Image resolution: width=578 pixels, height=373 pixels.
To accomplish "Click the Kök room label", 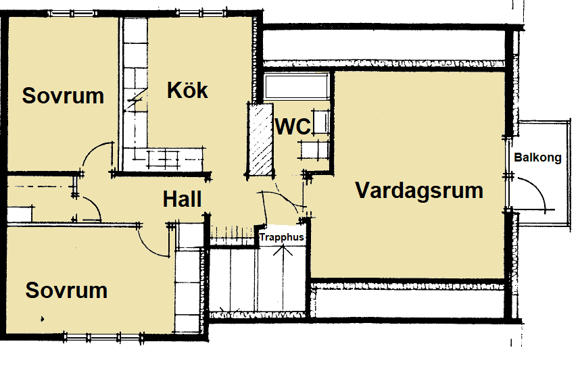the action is (187, 90).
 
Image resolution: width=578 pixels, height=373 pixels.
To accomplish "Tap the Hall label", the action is (182, 199).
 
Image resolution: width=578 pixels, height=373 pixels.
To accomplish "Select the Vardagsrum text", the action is (419, 191).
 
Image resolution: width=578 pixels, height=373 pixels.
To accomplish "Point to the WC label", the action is (293, 127).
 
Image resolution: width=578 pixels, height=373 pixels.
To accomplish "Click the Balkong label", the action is (537, 157).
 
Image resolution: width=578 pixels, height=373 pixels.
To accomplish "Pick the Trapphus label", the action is (282, 237).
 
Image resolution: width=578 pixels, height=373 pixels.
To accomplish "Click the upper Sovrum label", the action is (63, 95).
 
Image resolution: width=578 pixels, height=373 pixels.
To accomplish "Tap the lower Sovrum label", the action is (66, 290).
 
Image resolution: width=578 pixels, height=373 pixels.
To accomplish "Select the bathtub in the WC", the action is (296, 86).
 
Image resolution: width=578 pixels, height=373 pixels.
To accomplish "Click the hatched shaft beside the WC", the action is (261, 139).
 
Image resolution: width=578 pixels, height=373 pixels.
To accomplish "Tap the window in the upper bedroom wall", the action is (72, 14).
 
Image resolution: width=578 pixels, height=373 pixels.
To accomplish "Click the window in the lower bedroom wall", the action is (103, 337).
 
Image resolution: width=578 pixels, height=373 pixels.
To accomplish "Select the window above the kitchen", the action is (201, 14).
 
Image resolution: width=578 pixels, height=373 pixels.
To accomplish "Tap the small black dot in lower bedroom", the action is (42, 319).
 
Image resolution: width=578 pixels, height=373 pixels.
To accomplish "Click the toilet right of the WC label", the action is (320, 122).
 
